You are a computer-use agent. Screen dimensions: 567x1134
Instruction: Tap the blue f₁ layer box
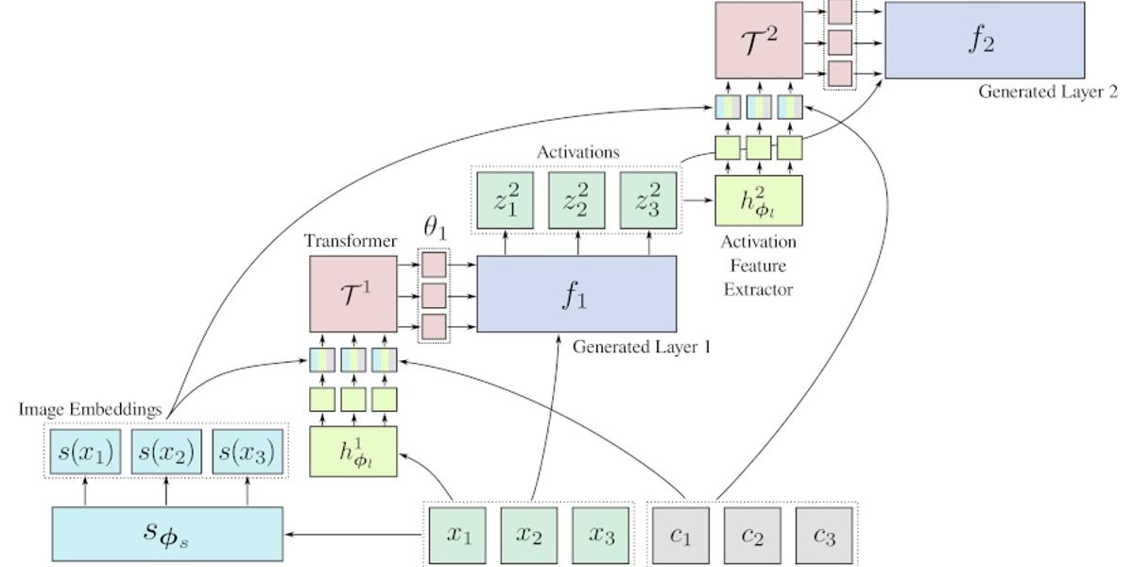tap(576, 294)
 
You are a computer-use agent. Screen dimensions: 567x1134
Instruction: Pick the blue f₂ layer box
tap(984, 41)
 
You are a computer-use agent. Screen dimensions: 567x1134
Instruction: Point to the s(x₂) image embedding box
tap(166, 454)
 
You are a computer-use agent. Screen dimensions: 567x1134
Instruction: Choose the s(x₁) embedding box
tap(86, 454)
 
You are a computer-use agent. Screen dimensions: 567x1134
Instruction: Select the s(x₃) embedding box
tap(246, 454)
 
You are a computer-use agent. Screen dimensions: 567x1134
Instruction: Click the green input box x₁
tap(458, 534)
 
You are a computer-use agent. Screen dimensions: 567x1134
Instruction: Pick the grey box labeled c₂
tap(752, 534)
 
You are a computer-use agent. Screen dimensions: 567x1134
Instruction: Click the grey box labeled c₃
tap(824, 534)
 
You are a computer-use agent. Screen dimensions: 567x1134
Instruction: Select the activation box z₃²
tap(649, 200)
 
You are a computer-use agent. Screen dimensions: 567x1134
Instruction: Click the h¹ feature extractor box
tap(352, 452)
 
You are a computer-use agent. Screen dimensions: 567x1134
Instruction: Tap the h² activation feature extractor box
tap(759, 201)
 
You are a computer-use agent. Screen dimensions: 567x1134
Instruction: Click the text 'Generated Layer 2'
tap(1048, 92)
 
